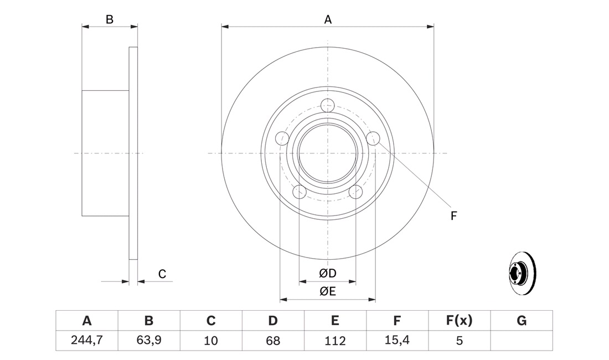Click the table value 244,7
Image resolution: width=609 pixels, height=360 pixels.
[x=86, y=340]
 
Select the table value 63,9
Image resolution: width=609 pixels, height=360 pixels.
[x=149, y=340]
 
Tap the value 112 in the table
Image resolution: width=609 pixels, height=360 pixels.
[x=335, y=341]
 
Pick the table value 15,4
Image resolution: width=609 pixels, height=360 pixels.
[x=397, y=340]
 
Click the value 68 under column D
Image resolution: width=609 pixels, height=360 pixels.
[x=273, y=341]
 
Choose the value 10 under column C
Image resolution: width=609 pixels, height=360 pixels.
[x=211, y=341]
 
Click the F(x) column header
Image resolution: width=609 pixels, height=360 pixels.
[x=459, y=320]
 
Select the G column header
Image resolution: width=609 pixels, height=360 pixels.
[x=521, y=320]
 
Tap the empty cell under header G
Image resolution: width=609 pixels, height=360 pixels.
[x=522, y=341]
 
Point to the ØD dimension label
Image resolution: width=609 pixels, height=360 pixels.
[x=327, y=274]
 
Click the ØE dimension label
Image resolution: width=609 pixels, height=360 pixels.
[x=327, y=291]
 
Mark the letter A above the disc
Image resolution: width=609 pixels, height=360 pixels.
[x=328, y=19]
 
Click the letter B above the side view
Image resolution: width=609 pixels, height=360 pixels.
[x=110, y=19]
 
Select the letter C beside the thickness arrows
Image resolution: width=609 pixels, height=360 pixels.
[x=162, y=274]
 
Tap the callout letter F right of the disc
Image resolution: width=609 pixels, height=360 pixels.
[x=453, y=215]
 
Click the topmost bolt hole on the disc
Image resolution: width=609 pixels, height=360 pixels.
[x=328, y=105]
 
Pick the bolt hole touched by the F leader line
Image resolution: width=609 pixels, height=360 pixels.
[x=373, y=138]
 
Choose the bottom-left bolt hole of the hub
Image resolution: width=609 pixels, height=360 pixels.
[x=300, y=192]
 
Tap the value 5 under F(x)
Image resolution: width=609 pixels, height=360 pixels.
[x=459, y=341]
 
